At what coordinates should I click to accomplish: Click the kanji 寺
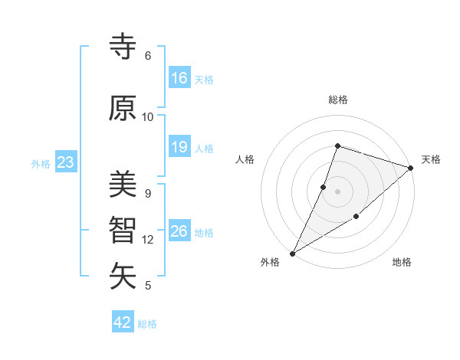(123, 47)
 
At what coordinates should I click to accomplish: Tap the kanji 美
(123, 185)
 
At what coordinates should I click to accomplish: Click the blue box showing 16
(179, 78)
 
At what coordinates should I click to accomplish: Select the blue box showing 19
(179, 147)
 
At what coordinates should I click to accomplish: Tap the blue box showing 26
(179, 231)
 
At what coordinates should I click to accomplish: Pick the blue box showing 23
(65, 162)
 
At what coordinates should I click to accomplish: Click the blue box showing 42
(123, 322)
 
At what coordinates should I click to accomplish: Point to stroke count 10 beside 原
(148, 117)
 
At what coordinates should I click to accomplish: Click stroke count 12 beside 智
(148, 240)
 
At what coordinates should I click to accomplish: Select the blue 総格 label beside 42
(148, 324)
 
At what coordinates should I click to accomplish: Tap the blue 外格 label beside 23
(41, 163)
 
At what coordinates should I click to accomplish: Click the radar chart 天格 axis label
(431, 159)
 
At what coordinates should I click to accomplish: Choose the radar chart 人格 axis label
(245, 159)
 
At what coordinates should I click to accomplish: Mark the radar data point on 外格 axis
(292, 254)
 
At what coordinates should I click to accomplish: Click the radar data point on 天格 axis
(411, 168)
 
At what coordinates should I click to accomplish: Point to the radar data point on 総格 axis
(337, 146)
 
